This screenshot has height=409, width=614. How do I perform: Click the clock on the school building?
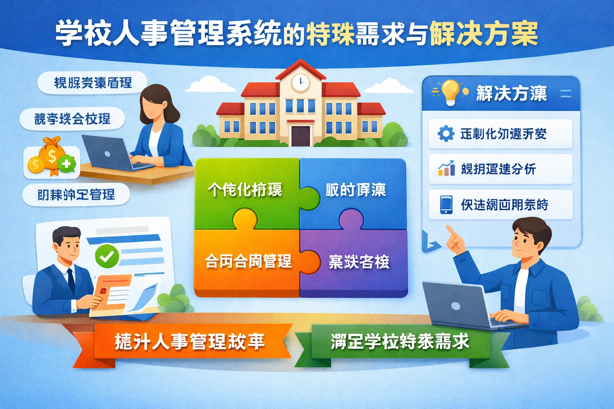300,83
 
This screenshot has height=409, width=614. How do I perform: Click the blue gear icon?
446,133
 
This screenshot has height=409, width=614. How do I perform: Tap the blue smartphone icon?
446,204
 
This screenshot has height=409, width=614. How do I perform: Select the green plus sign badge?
66,163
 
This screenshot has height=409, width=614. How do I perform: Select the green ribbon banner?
400,342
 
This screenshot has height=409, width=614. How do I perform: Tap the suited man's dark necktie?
71,280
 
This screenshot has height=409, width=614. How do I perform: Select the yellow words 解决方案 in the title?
484,34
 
